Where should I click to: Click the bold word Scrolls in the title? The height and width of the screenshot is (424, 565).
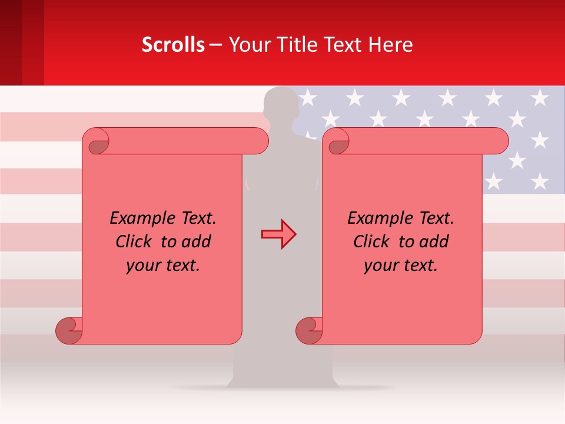click(173, 44)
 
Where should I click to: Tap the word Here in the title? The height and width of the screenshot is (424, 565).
click(390, 44)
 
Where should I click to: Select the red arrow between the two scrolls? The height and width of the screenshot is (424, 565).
click(278, 234)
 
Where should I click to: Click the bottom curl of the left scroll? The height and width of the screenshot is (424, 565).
click(69, 330)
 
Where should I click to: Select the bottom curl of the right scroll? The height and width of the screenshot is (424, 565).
click(309, 330)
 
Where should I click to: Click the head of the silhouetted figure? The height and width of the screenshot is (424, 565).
click(281, 106)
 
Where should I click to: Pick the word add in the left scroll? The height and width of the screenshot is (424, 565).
click(197, 241)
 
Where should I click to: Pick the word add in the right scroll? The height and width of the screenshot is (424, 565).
click(434, 241)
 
